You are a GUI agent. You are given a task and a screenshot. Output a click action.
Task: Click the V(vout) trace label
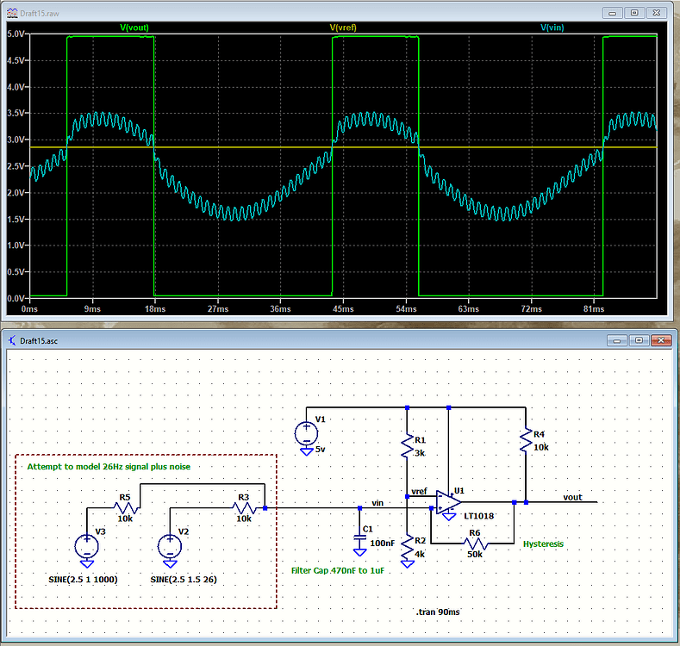pos(134,28)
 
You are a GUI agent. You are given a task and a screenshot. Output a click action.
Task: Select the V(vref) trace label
pos(345,28)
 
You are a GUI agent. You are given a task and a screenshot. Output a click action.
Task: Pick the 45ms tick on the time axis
pos(344,308)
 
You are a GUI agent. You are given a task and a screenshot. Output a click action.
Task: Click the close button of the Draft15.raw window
pos(658,13)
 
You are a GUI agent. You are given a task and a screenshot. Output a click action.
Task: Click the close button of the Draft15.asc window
pos(658,340)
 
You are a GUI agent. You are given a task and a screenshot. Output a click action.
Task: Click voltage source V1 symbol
pos(305,432)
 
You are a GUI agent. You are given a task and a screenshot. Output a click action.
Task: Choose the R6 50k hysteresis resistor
pos(473,544)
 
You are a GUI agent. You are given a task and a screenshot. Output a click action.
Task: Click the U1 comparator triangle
pos(447,501)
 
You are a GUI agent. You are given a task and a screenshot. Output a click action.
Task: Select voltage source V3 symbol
pos(87,545)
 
